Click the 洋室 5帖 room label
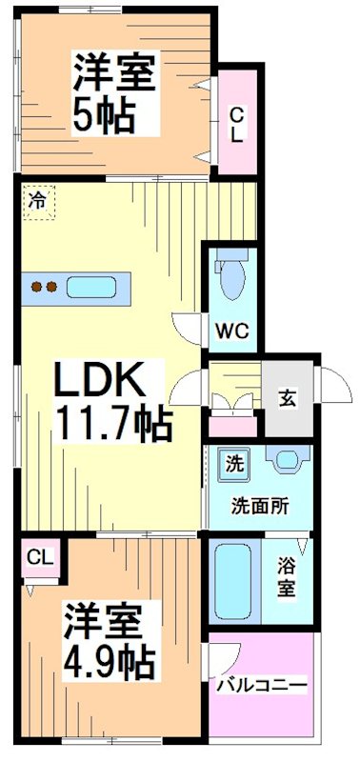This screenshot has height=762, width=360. click(x=112, y=93)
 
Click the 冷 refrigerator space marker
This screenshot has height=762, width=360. click(x=37, y=202)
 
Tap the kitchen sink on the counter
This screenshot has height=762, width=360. click(x=91, y=286)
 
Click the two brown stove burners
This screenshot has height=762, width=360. click(x=44, y=286)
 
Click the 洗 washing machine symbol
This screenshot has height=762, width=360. click(x=232, y=464)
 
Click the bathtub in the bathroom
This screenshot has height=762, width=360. click(x=233, y=581)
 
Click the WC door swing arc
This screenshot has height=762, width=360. click(x=187, y=326)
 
